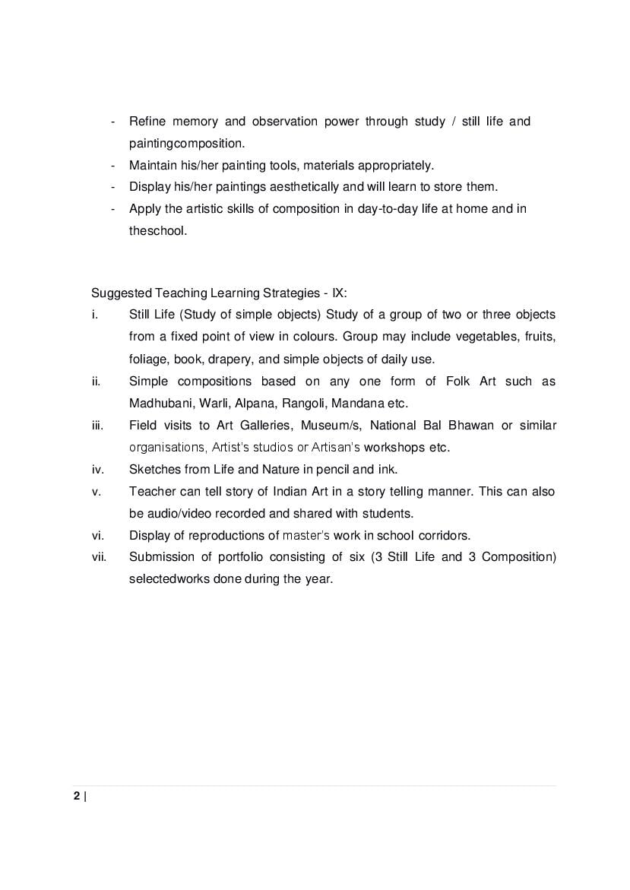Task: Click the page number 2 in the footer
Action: click(x=76, y=797)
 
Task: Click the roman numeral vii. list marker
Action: click(x=98, y=557)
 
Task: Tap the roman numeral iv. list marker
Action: click(x=97, y=469)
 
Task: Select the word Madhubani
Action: click(x=160, y=403)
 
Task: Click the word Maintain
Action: click(x=154, y=165)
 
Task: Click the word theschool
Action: click(x=157, y=230)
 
